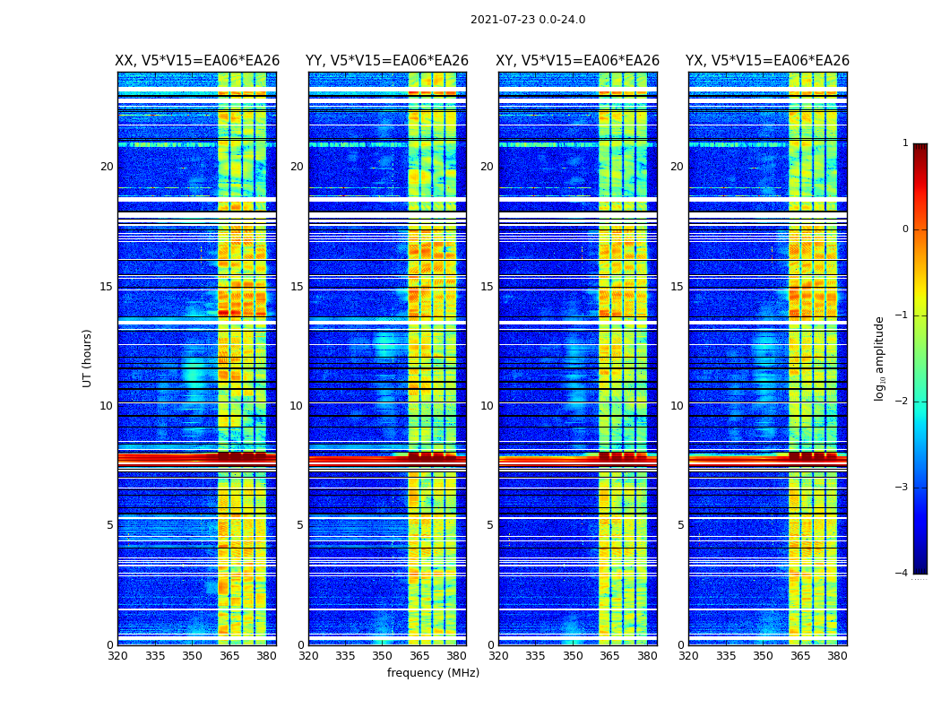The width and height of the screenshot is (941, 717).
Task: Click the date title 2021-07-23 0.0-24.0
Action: (x=528, y=20)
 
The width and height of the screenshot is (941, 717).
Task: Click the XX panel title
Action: (x=197, y=61)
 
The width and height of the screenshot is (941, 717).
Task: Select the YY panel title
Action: (x=387, y=61)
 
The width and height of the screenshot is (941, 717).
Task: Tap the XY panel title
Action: (x=578, y=61)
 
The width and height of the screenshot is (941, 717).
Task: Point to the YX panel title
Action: (x=767, y=61)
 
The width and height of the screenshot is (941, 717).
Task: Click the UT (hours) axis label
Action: (x=88, y=358)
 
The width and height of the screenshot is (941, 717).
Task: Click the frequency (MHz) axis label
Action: (x=433, y=673)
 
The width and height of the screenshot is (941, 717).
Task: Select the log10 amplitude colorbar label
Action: (x=880, y=358)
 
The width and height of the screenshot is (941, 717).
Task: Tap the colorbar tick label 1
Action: (x=904, y=143)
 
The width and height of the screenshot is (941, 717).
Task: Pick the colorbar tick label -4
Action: (x=902, y=574)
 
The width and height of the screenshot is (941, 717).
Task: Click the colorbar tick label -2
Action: (x=902, y=402)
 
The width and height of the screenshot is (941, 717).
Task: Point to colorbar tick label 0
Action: (x=904, y=229)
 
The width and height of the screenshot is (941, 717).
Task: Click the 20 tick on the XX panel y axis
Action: (x=107, y=167)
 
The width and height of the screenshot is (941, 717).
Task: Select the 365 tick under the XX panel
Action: (x=229, y=656)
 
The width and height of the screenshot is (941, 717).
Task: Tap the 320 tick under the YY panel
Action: (x=308, y=656)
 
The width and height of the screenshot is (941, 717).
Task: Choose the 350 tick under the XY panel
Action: (x=573, y=656)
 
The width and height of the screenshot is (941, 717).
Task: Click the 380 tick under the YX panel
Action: (x=837, y=656)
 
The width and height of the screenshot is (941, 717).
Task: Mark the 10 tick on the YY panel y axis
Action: (x=297, y=406)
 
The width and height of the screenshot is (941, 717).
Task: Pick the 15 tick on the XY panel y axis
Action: (x=487, y=287)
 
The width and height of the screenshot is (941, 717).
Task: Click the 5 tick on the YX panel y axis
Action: (x=680, y=525)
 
